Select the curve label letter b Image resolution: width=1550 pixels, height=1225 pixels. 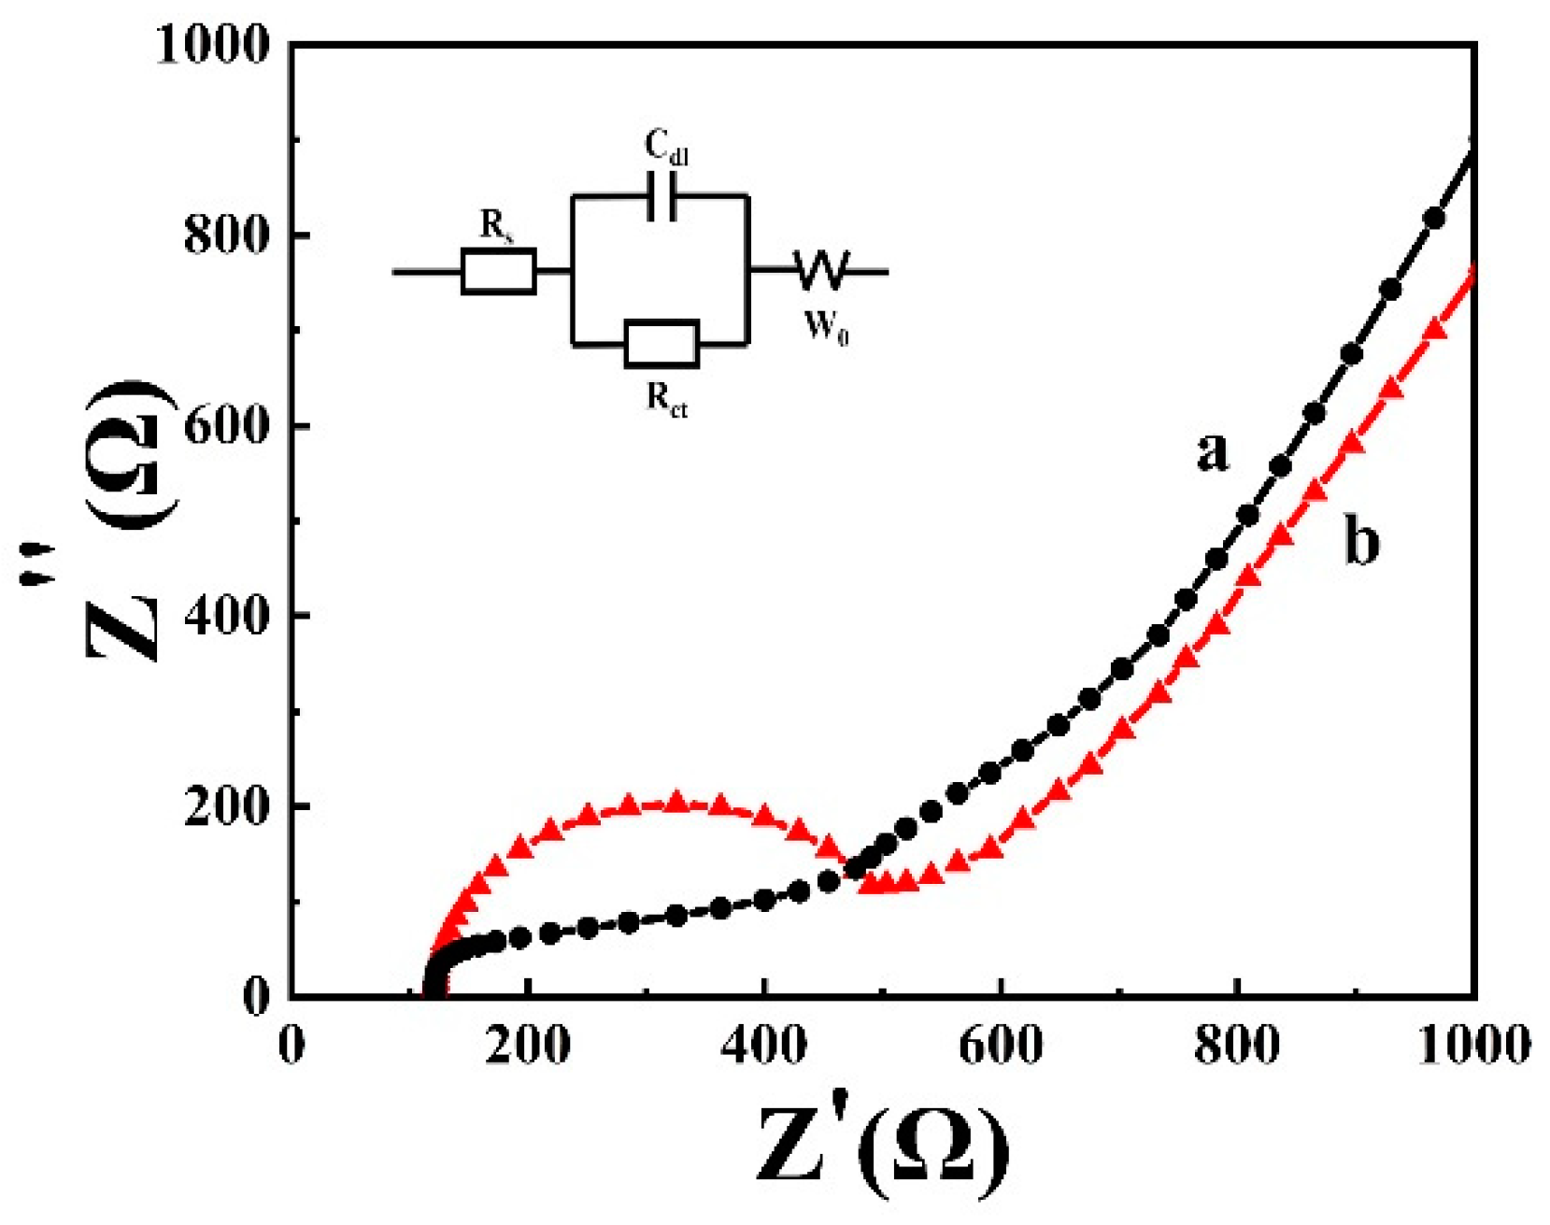(x=1360, y=541)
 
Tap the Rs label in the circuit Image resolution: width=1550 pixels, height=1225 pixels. (x=496, y=225)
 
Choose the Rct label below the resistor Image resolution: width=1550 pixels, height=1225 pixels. (x=666, y=399)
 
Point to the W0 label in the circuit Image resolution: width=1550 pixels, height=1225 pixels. (x=826, y=327)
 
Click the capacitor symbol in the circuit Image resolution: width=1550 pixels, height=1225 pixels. (x=661, y=196)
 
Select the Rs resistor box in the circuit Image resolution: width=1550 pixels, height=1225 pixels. (x=499, y=272)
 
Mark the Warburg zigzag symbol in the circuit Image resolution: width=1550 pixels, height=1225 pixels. (x=821, y=270)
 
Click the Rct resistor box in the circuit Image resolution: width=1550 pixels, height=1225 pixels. (x=661, y=344)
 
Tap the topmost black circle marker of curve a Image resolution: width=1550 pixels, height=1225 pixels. (x=1434, y=219)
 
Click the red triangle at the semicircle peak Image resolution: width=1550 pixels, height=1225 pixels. (x=675, y=802)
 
